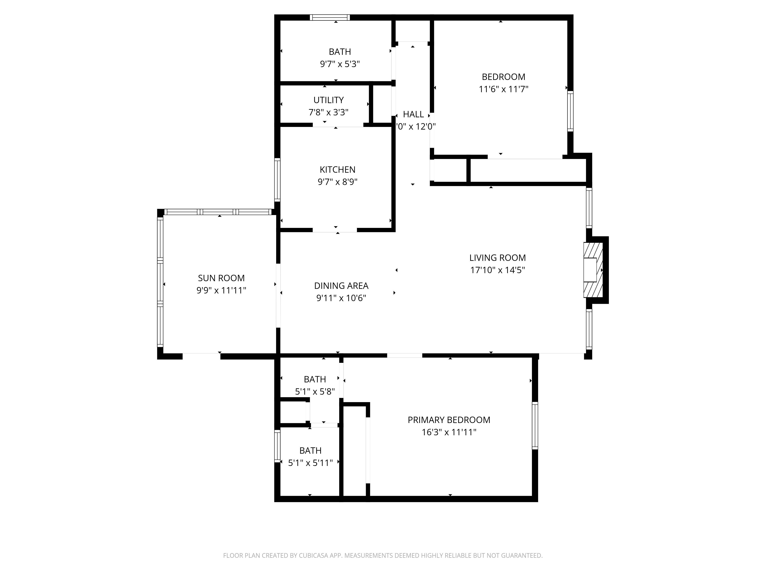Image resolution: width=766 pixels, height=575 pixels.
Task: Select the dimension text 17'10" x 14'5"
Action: pyautogui.click(x=497, y=270)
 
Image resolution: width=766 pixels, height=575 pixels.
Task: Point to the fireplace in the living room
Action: pyautogui.click(x=593, y=270)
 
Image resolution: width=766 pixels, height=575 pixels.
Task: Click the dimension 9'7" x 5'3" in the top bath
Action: pyautogui.click(x=340, y=64)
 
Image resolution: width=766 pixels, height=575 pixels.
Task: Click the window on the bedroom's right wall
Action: pyautogui.click(x=570, y=111)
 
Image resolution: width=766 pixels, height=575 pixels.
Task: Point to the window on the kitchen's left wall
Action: pyautogui.click(x=277, y=180)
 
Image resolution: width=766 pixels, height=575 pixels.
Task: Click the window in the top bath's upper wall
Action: pyautogui.click(x=330, y=17)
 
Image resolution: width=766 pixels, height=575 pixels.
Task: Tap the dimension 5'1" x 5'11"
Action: pyautogui.click(x=310, y=463)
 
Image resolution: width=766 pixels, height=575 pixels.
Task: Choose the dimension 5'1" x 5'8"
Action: pyautogui.click(x=315, y=392)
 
